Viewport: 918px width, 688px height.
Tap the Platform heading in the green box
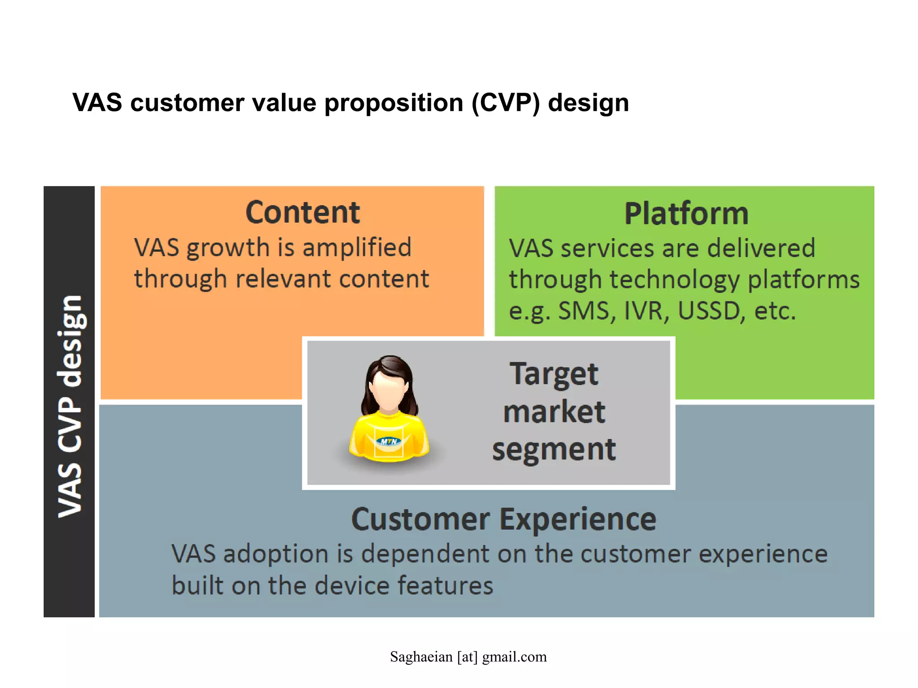[x=686, y=214]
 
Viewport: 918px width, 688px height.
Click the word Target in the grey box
[x=554, y=374]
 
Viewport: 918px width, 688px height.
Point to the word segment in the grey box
[x=554, y=449]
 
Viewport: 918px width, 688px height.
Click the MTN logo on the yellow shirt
[x=389, y=442]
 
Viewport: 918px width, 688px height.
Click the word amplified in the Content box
[x=356, y=248]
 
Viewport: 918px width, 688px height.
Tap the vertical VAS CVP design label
[x=69, y=405]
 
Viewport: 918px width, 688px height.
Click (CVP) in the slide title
[x=506, y=103]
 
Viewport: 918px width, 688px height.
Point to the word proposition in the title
[x=394, y=103]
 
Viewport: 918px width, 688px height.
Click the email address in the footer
[x=468, y=657]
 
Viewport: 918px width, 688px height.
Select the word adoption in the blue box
[x=276, y=554]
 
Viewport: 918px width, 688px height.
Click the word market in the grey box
[x=554, y=412]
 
